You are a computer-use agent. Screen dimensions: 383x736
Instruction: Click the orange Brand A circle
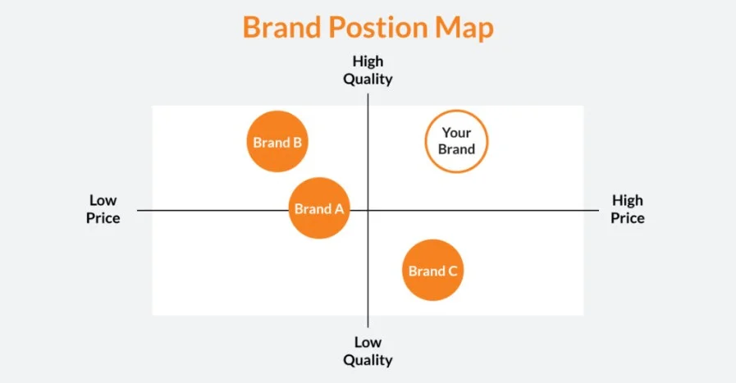[x=319, y=208]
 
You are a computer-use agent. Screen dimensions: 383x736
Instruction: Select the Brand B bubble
[x=277, y=142]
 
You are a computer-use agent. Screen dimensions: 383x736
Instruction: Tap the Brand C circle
[x=432, y=271]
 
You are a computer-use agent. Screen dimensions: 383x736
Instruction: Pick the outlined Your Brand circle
[x=455, y=141]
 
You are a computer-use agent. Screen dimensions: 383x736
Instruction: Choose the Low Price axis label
[x=103, y=209]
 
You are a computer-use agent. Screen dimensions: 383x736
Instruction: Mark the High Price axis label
[x=628, y=209]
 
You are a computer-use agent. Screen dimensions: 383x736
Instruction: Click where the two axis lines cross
[x=368, y=211]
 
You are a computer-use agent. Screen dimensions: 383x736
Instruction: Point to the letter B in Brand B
[x=297, y=142]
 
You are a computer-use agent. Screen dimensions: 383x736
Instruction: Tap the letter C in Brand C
[x=451, y=271]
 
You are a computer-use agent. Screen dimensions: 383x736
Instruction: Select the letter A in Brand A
[x=338, y=209]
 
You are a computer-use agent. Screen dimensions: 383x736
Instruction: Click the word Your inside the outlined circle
[x=456, y=133]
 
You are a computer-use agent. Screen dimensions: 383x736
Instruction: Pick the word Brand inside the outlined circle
[x=456, y=149]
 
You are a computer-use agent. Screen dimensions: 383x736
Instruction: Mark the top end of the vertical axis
[x=368, y=95]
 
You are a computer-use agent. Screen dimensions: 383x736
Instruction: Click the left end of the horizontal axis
[x=139, y=211]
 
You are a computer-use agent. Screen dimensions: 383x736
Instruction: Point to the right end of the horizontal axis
[x=598, y=211]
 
